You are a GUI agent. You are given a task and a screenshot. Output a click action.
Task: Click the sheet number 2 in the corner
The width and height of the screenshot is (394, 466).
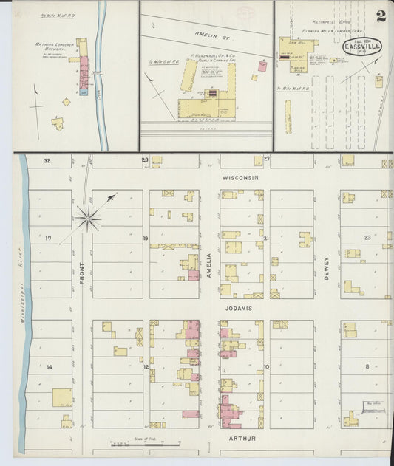point(380,16)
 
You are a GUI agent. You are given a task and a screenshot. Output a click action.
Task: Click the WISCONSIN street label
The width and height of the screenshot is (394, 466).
point(241,178)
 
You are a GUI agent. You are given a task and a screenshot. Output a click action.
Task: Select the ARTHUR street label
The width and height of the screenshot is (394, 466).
point(241,439)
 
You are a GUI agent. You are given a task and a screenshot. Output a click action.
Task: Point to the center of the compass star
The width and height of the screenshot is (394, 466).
point(89,216)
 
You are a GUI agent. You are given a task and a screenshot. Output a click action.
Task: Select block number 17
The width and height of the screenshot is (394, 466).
point(48,238)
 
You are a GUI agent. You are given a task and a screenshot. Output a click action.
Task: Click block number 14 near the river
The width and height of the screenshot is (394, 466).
point(50,367)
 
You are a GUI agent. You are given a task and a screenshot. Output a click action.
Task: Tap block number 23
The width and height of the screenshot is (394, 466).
point(367,237)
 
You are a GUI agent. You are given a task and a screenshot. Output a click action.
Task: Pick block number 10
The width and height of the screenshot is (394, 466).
point(266,366)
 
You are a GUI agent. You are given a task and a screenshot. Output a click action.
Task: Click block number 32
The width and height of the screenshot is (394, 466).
point(47,160)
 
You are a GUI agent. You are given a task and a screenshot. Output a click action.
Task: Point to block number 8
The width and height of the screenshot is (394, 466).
point(366,366)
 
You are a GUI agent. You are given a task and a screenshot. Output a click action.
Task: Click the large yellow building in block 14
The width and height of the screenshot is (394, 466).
point(62,398)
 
